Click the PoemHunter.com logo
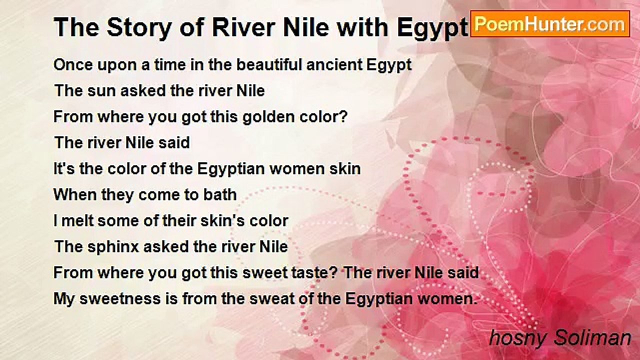(550, 23)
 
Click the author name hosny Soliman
(560, 338)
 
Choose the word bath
(219, 194)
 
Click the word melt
(79, 220)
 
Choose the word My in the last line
(63, 298)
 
